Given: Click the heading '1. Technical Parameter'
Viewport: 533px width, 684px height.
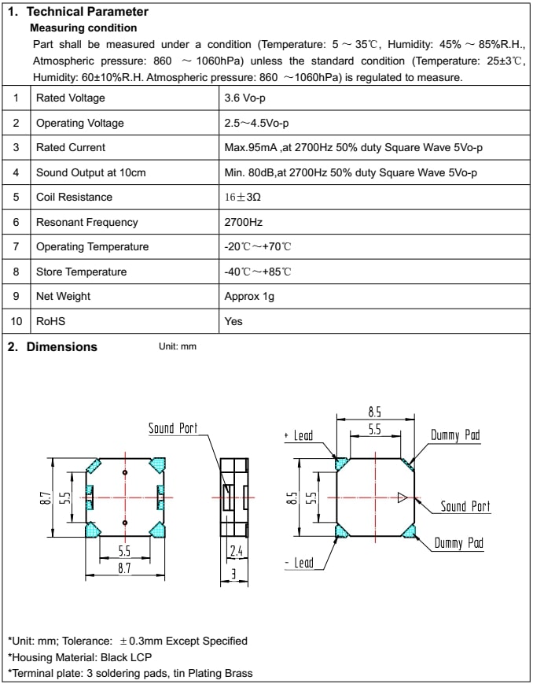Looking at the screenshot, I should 78,12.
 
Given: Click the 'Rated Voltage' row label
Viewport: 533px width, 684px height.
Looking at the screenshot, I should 70,98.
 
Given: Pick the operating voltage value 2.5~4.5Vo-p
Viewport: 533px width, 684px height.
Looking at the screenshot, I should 257,123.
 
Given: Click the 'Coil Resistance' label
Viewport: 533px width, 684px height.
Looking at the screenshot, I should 74,197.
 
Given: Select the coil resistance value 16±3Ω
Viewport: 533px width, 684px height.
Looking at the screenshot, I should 242,197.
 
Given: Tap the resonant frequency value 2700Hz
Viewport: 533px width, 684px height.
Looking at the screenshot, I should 243,222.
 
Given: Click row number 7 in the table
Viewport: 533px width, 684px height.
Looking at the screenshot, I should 16,246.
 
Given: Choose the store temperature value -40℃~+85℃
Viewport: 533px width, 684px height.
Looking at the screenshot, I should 258,272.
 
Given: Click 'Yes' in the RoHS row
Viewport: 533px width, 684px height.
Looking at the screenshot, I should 233,321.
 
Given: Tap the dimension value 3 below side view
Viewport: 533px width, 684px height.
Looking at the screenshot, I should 233,574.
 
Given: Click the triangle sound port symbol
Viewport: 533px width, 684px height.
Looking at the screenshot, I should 402,497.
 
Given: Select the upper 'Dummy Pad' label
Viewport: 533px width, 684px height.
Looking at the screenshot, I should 455,435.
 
